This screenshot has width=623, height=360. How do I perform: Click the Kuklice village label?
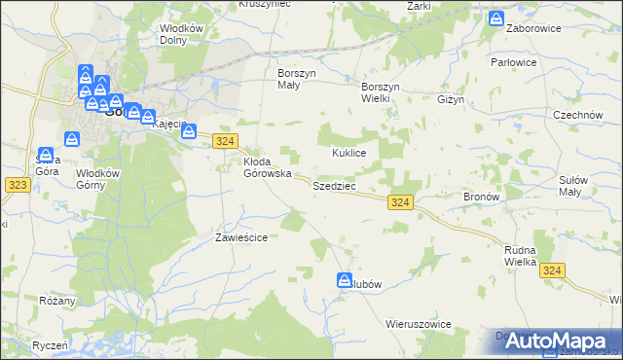click(x=348, y=154)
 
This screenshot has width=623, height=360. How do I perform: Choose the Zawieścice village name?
click(x=240, y=237)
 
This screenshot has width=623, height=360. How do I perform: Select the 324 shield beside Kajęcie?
click(x=225, y=141)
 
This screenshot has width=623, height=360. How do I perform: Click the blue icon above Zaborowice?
click(x=496, y=18)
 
